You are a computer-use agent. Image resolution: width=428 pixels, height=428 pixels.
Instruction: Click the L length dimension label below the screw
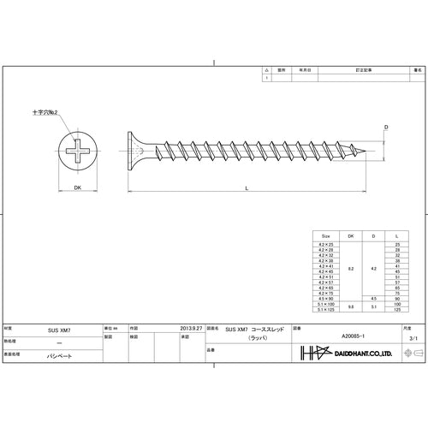tap(247, 187)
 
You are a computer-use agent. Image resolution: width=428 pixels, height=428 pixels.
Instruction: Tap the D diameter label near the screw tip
tap(386, 127)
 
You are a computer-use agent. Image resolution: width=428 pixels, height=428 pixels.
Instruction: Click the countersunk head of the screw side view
tap(138, 155)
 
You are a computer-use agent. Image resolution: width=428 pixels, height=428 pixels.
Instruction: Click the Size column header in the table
tap(325, 235)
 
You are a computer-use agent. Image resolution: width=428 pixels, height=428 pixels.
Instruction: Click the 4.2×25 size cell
tap(325, 244)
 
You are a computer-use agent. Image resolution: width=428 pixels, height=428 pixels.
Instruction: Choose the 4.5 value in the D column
tap(373, 298)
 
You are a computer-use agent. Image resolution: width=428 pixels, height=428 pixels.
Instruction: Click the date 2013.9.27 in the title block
tap(190, 327)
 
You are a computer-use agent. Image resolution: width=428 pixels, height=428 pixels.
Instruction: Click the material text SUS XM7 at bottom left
tap(58, 327)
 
